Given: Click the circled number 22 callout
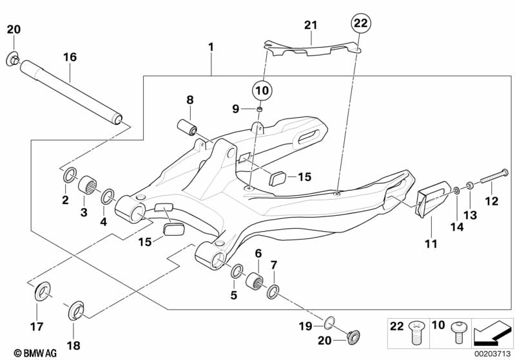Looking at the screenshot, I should point(360,24).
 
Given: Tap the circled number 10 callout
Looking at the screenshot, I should point(260,90).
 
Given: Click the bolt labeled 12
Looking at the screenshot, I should point(492,171).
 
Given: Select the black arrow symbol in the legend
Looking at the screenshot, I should point(492,335).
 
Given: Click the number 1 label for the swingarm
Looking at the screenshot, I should point(211,48).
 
